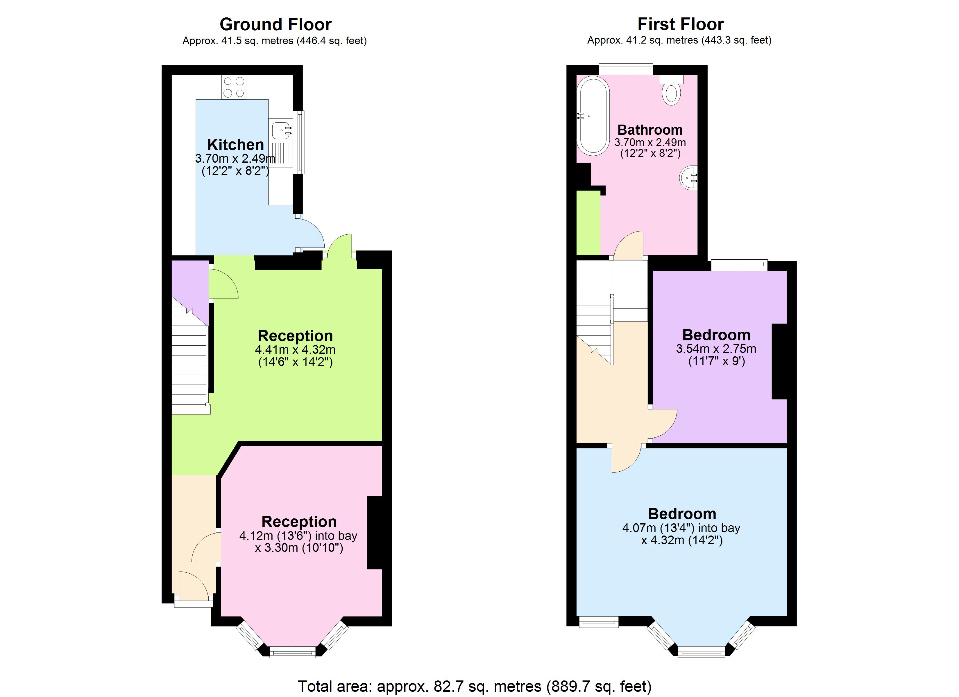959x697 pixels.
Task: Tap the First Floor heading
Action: point(680,24)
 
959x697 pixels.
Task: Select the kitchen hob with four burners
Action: point(233,87)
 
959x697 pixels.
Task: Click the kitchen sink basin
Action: point(280,130)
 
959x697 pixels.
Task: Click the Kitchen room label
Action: point(235,145)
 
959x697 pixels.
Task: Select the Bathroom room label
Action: point(650,130)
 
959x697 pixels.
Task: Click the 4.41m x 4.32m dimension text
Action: point(295,350)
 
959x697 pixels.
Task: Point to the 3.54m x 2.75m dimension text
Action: point(716,349)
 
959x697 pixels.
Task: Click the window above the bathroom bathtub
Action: point(626,69)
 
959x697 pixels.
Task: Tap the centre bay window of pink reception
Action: point(293,653)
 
